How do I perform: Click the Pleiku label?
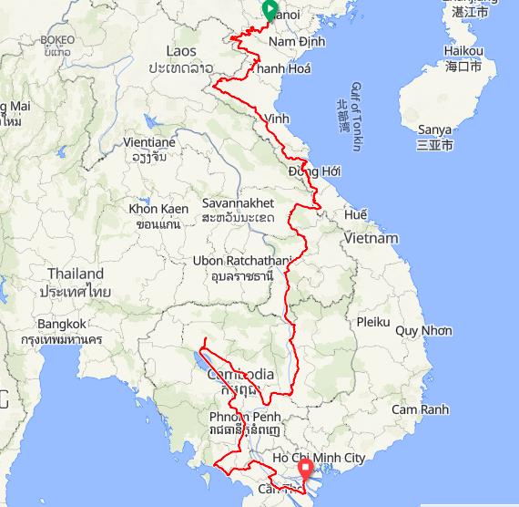tap(372, 322)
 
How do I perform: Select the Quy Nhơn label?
tap(423, 330)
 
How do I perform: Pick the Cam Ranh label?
tap(420, 409)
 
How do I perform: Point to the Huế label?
tap(356, 215)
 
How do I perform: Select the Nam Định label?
tap(299, 42)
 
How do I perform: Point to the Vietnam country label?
tap(371, 238)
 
